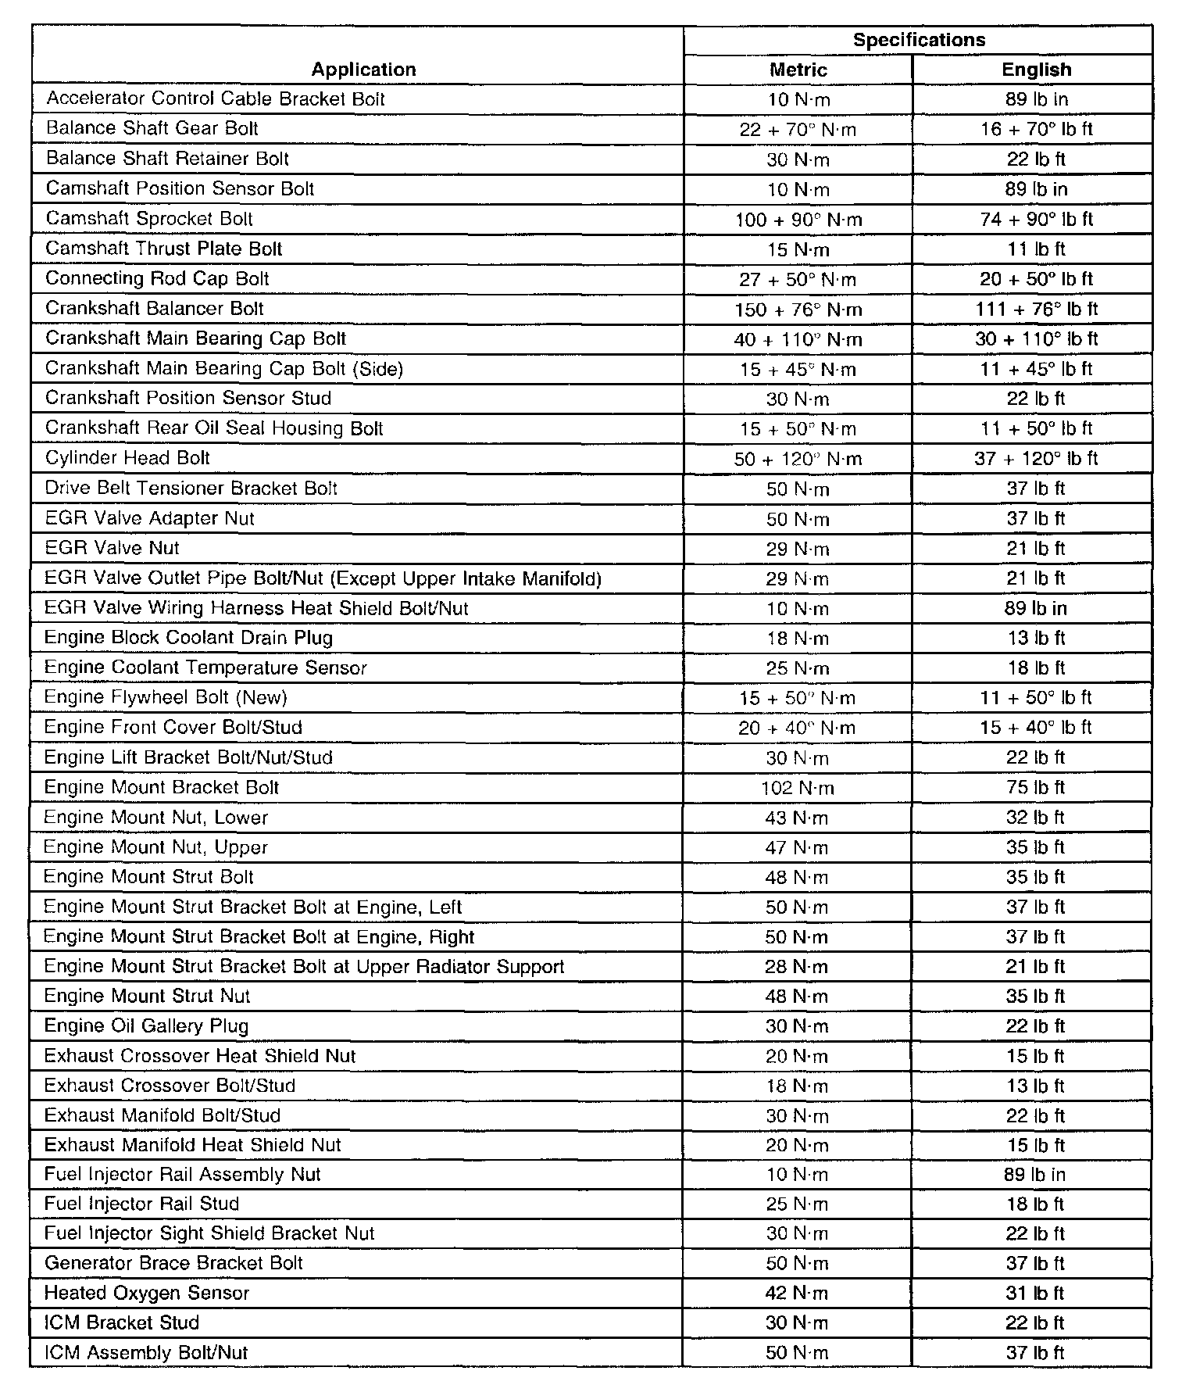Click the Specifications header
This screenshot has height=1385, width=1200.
click(919, 40)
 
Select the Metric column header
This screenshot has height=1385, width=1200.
click(798, 70)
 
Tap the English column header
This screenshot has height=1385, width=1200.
click(1036, 70)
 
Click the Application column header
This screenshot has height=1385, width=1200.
click(363, 70)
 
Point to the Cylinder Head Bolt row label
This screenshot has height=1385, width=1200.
click(128, 458)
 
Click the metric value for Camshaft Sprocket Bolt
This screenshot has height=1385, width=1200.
click(798, 220)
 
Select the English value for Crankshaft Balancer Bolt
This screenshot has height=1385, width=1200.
click(1036, 309)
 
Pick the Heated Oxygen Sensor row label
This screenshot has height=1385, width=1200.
click(147, 1293)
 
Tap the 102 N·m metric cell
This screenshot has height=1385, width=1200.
click(798, 788)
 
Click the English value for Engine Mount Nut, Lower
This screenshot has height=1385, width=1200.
click(1036, 818)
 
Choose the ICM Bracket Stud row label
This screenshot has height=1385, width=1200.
click(122, 1322)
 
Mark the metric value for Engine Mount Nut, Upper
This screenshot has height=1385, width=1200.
click(798, 847)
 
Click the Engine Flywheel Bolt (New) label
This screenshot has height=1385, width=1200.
click(166, 697)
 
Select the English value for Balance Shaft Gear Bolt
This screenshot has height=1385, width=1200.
click(1036, 129)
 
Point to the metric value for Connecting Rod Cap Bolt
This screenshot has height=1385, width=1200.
click(798, 279)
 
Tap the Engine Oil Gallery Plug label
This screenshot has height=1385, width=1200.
click(147, 1025)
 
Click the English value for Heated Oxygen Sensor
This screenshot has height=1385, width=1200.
click(1036, 1293)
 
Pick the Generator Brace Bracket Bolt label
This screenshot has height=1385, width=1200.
click(173, 1263)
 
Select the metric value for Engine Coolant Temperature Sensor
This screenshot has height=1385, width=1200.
click(798, 668)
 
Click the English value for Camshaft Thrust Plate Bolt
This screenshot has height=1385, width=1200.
click(1036, 249)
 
